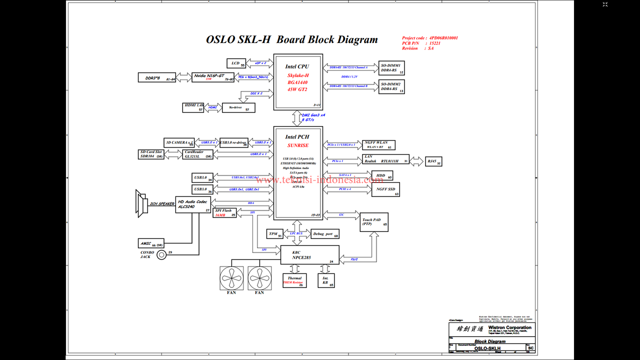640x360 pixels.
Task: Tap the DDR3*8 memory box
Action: (157, 77)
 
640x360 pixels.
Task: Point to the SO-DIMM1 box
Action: (391, 67)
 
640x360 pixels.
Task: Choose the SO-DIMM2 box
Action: (391, 86)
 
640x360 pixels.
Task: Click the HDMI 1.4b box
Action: (193, 107)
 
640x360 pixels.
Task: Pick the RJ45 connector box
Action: (433, 161)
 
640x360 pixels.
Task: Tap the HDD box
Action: (382, 175)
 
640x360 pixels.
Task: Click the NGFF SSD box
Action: (385, 189)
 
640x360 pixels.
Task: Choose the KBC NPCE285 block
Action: (309, 255)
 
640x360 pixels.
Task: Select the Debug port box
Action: (324, 234)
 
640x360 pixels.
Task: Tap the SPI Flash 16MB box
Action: (225, 212)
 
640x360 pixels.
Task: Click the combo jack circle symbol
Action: (161, 255)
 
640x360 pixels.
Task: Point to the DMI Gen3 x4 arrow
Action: (296, 118)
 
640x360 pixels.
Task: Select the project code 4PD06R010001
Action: (443, 38)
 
